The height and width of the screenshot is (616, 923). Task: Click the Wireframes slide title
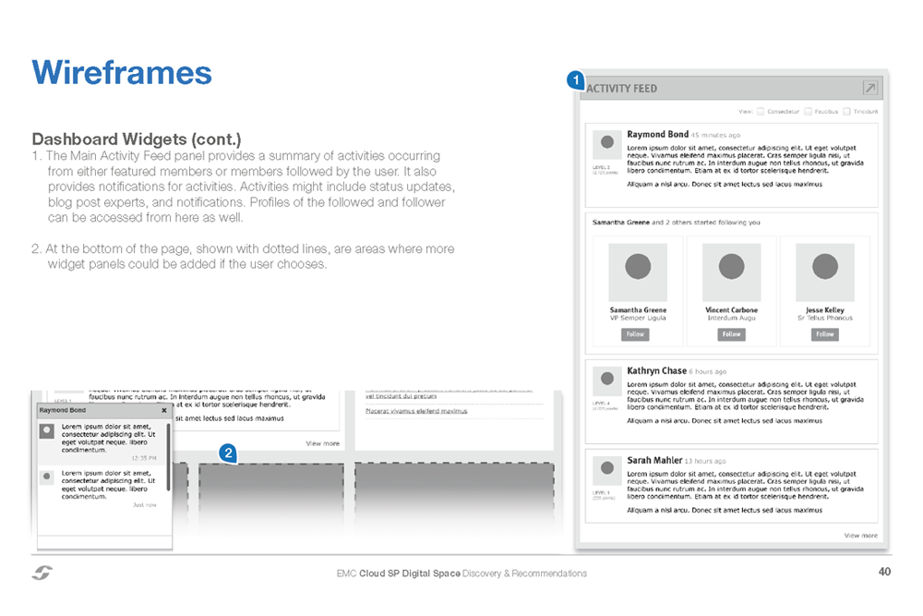tap(121, 72)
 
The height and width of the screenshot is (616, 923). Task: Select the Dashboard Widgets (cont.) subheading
tap(137, 139)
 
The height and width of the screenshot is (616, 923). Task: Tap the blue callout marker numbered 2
tap(227, 453)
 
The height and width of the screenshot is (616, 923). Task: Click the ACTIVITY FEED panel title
tap(622, 89)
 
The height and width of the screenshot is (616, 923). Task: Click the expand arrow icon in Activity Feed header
tap(869, 88)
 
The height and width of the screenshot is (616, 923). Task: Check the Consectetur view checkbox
tap(761, 111)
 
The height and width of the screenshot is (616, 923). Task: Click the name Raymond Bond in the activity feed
tap(657, 135)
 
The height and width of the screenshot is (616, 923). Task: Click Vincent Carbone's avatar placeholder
tap(731, 268)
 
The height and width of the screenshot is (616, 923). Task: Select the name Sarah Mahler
tap(654, 460)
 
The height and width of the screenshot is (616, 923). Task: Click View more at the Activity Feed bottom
tap(861, 535)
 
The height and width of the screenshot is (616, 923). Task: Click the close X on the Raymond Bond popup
tap(164, 410)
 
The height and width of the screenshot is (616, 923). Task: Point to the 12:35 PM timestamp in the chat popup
tap(143, 457)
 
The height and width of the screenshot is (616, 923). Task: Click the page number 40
tap(884, 573)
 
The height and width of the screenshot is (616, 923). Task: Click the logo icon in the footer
tap(42, 573)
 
